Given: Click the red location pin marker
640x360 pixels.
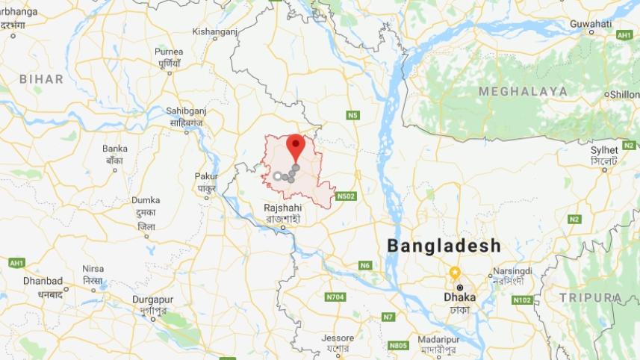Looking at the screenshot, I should (296, 145).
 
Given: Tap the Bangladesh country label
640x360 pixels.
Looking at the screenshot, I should (444, 246).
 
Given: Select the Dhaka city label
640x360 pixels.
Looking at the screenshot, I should (460, 297).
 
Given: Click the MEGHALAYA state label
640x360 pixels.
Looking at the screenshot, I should (523, 91).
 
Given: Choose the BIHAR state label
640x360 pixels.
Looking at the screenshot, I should (42, 78).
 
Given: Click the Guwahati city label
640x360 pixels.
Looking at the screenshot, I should (591, 24).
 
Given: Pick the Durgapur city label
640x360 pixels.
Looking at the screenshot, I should (152, 300).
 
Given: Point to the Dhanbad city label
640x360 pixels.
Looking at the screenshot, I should (43, 281).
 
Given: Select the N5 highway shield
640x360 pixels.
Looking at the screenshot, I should (352, 115).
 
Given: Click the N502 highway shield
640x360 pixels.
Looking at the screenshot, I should (346, 196).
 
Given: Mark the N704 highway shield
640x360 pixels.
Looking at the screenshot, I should (335, 297).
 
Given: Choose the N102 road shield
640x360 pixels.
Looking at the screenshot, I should (522, 300).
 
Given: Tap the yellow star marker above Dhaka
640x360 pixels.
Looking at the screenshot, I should (454, 272).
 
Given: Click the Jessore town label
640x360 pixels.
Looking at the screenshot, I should (338, 338).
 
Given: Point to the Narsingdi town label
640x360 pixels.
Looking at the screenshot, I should (512, 270).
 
